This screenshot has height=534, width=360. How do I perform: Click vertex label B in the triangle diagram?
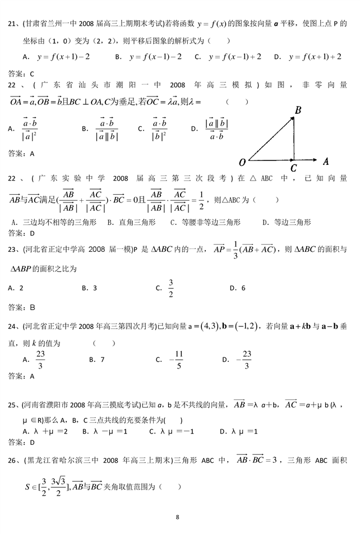pyautogui.click(x=298, y=110)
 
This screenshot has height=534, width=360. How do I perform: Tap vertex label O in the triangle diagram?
pyautogui.click(x=242, y=163)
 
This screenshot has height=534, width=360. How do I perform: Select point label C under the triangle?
pyautogui.click(x=293, y=167)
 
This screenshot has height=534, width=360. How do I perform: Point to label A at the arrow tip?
pyautogui.click(x=325, y=161)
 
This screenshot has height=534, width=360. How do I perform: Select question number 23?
pyautogui.click(x=13, y=249)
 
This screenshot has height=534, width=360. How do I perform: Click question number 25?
pyautogui.click(x=13, y=404)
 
